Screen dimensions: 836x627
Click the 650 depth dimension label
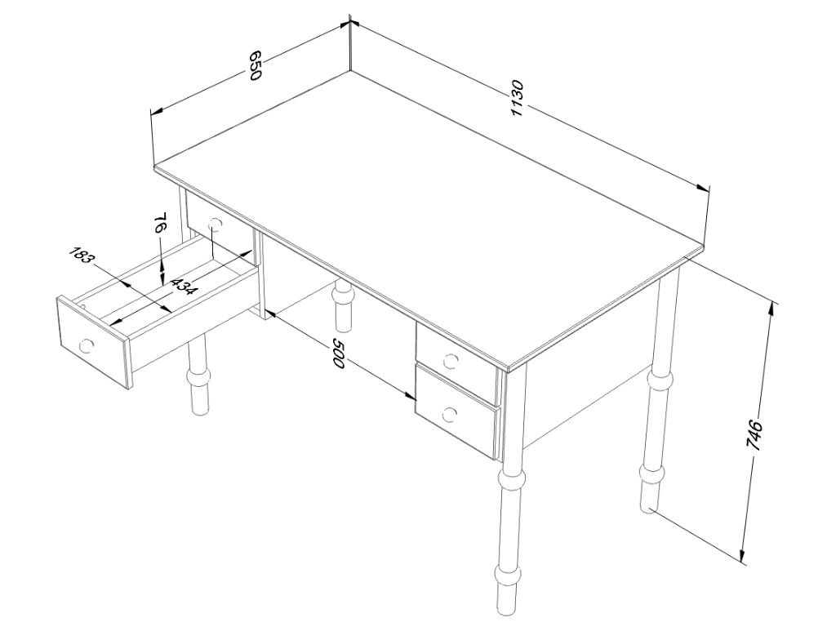pos(256,65)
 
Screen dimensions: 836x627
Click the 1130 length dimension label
pos(518,99)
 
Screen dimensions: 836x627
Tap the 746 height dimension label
pos(755,436)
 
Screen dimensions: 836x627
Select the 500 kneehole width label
pos(339,353)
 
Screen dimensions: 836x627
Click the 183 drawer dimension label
pos(82,256)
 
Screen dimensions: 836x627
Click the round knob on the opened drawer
pos(85,346)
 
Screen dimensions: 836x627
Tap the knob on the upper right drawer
pos(450,361)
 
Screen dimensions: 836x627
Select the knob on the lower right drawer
pos(450,414)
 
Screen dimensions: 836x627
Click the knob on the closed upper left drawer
pos(215,225)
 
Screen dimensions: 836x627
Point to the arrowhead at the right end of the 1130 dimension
pos(703,187)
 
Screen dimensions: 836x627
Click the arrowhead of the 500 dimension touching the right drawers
pos(411,396)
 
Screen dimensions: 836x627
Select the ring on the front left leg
pos(199,379)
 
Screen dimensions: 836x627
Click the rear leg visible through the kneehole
pos(343,307)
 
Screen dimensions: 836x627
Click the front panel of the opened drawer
pos(93,341)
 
